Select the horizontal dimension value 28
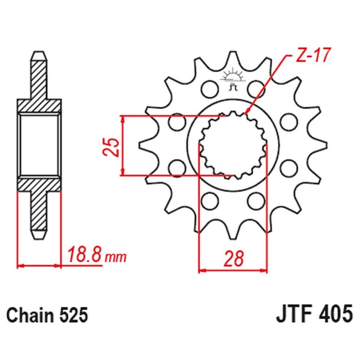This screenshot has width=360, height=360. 234,259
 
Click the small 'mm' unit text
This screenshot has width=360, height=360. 116,257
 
